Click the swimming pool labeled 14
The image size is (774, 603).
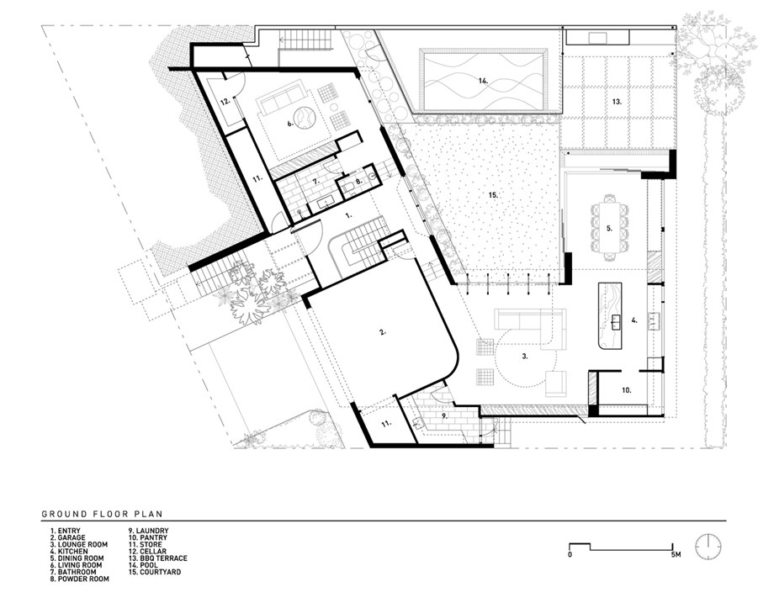(x=484, y=80)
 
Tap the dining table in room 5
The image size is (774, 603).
(x=609, y=227)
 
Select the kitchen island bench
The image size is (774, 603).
(x=611, y=316)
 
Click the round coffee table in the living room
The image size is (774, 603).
(x=303, y=119)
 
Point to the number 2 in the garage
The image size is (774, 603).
(x=382, y=332)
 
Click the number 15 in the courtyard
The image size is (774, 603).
(x=493, y=195)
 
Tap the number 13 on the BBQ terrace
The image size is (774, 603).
(x=617, y=102)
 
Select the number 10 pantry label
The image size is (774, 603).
(x=627, y=390)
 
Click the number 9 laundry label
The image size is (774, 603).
(x=444, y=416)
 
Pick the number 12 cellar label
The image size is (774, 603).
(x=225, y=102)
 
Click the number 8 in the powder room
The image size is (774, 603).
(x=359, y=181)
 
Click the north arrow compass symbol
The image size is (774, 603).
(x=708, y=547)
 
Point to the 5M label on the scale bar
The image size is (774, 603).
(x=676, y=554)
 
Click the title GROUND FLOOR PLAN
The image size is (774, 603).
(x=102, y=514)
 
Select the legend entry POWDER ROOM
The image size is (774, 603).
(x=79, y=579)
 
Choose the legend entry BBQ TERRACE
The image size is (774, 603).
(x=158, y=558)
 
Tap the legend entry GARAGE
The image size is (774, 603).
(x=67, y=537)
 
